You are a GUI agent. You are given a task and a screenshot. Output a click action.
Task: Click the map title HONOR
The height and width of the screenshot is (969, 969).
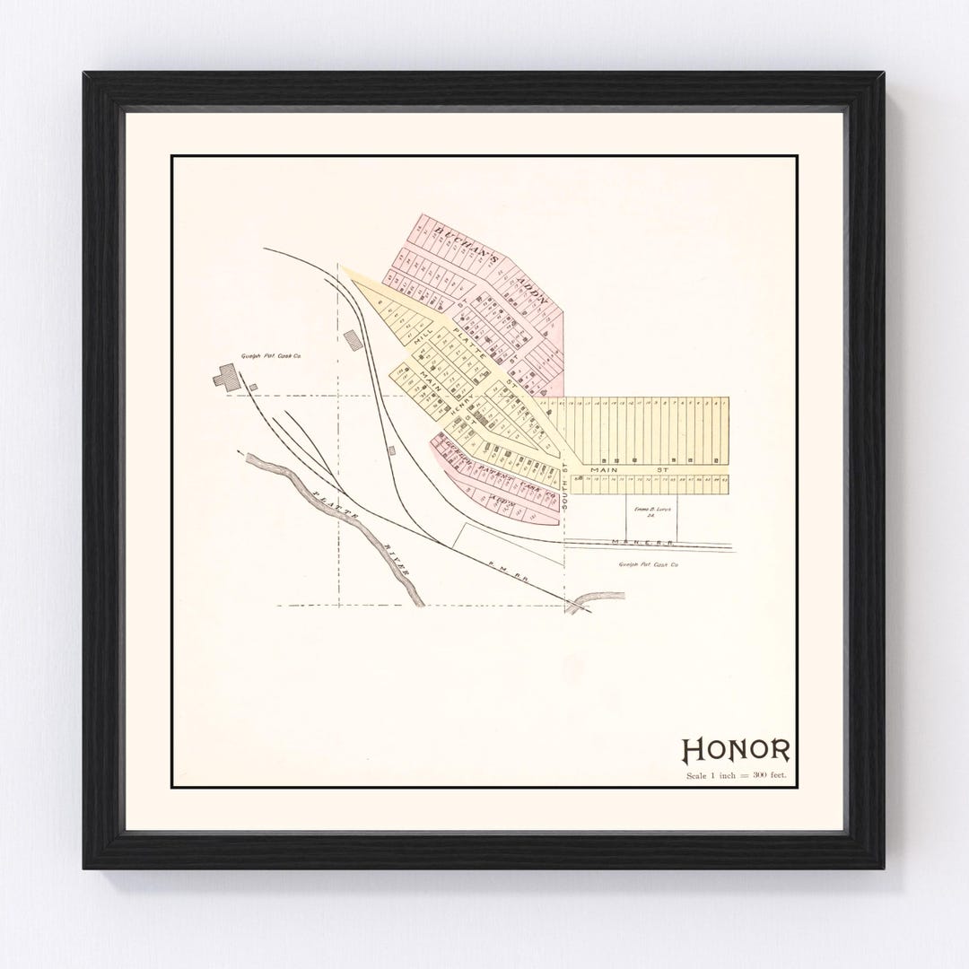737,748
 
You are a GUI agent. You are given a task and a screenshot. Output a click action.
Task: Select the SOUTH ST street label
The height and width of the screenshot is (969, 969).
565,490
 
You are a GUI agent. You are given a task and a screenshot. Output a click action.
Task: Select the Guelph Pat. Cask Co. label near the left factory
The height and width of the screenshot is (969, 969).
275,357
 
